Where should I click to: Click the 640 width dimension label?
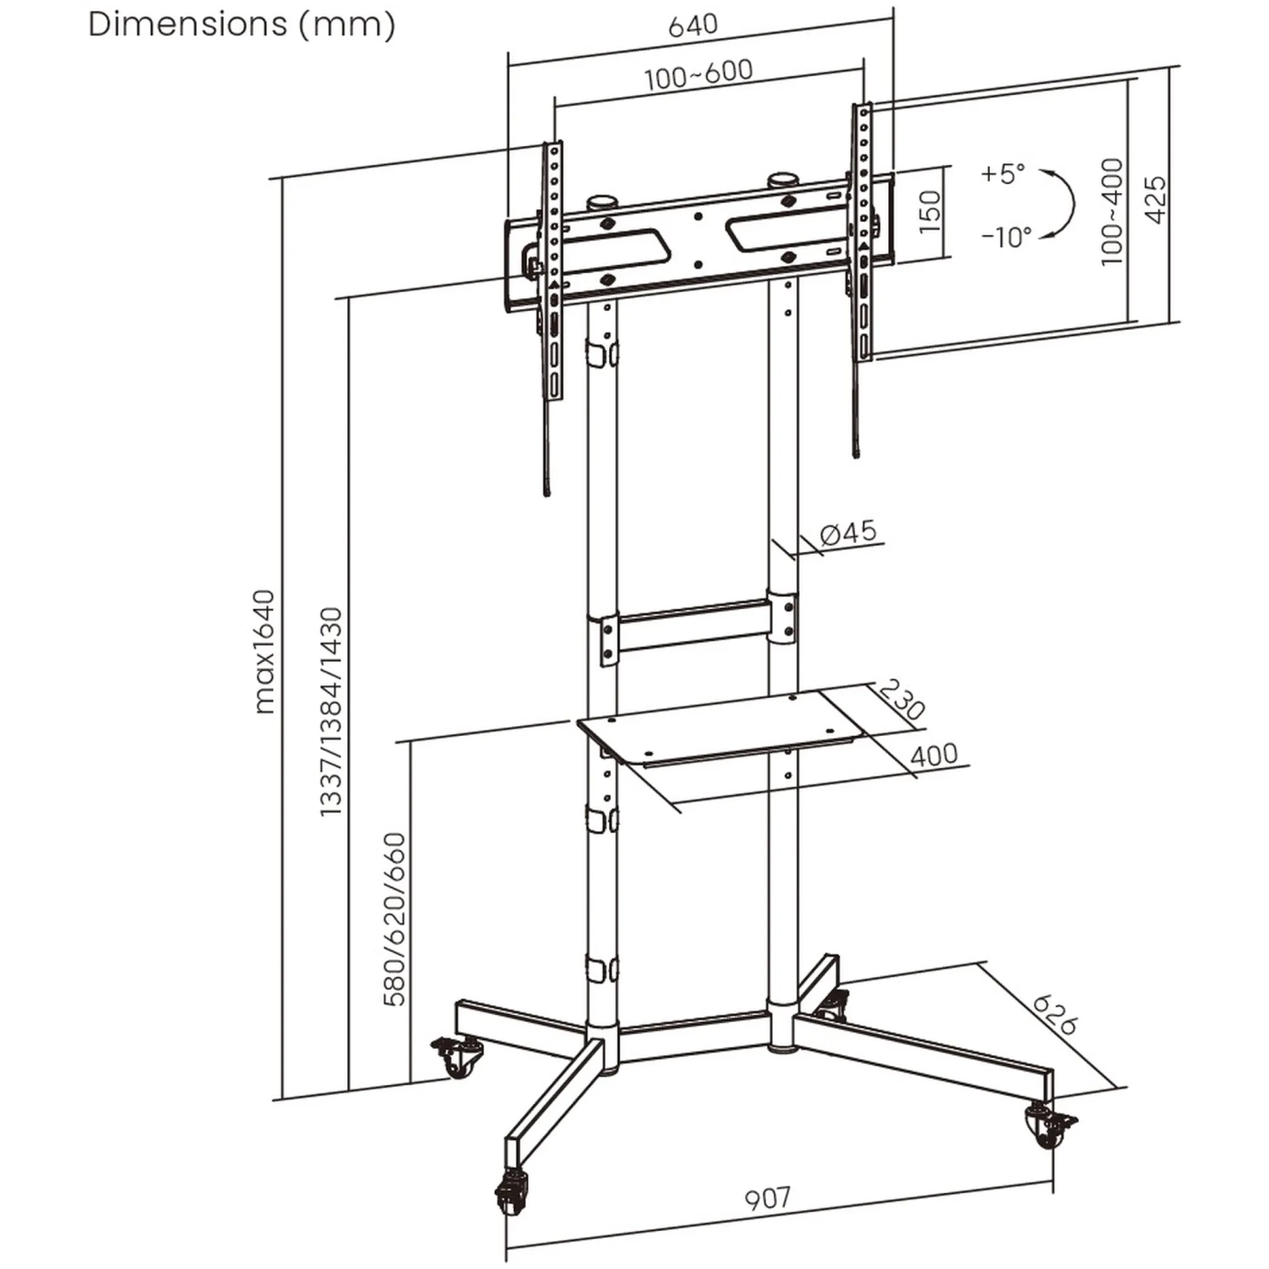coord(693,25)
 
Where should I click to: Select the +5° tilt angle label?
coord(1003,173)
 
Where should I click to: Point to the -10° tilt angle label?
coord(1006,237)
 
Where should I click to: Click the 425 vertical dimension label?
coord(1155,199)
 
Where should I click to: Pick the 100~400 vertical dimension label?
coord(1112,212)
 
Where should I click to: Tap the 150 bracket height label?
coord(930,211)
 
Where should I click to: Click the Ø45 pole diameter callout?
coord(848,533)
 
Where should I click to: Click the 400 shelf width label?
coord(933,754)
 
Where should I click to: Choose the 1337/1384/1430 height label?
coord(332,712)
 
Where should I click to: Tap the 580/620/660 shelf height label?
coord(395,919)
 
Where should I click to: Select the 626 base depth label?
coord(1054,1015)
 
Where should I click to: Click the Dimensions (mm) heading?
coord(241,24)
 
